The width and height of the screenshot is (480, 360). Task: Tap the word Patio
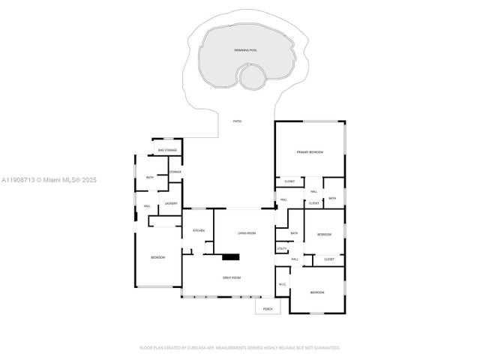click(x=237, y=121)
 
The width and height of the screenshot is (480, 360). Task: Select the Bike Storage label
click(x=167, y=151)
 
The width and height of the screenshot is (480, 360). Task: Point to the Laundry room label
click(x=171, y=203)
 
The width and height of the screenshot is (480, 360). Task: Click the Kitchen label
click(x=199, y=230)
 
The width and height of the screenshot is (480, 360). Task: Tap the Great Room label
click(x=231, y=277)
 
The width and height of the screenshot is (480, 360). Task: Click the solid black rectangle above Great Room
click(x=231, y=258)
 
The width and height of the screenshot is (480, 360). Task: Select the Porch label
click(x=266, y=308)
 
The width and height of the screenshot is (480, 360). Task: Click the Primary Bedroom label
click(x=309, y=152)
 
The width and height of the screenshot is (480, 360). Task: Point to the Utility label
click(x=283, y=248)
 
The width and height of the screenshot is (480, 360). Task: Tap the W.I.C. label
click(x=283, y=284)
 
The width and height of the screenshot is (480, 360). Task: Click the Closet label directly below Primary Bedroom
click(x=289, y=181)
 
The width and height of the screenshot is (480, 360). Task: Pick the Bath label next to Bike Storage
click(x=150, y=177)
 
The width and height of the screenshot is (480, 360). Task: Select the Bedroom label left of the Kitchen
click(x=157, y=258)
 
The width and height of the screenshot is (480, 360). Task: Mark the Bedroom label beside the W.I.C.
click(x=318, y=292)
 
